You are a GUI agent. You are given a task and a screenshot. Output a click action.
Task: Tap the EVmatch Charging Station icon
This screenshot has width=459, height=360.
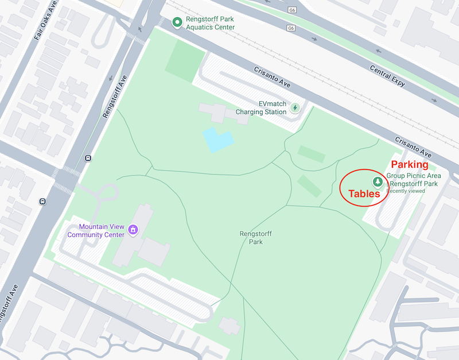pyautogui.click(x=295, y=107)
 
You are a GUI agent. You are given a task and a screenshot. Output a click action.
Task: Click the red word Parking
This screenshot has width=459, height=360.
pyautogui.click(x=410, y=165)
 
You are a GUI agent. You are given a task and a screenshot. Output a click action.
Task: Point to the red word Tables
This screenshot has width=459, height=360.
pyautogui.click(x=364, y=194)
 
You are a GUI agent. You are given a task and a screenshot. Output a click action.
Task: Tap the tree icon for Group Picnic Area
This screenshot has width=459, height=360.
pyautogui.click(x=378, y=182)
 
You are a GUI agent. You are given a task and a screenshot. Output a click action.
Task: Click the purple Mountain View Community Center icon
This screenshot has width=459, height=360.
pyautogui.click(x=134, y=230)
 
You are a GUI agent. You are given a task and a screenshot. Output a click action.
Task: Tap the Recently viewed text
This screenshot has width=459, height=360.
pyautogui.click(x=406, y=191)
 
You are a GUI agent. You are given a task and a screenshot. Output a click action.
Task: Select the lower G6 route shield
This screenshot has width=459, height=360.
pyautogui.click(x=291, y=28)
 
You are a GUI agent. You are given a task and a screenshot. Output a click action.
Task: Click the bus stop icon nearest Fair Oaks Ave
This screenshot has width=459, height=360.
pyautogui.click(x=88, y=158)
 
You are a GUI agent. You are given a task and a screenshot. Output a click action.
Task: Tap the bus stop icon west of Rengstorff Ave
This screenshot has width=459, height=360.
pyautogui.click(x=43, y=201)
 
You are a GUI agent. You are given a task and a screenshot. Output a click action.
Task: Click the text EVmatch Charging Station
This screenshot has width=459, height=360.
pyautogui.click(x=261, y=107)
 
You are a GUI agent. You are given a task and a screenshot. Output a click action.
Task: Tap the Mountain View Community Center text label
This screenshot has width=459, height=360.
pyautogui.click(x=96, y=230)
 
